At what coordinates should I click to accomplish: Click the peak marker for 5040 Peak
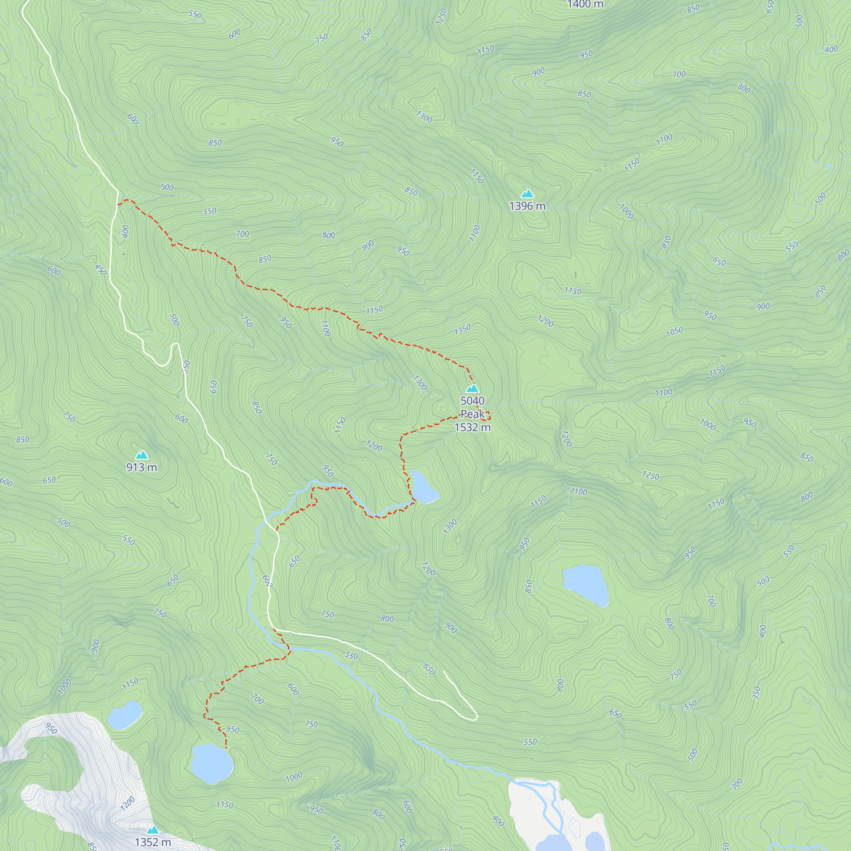(472, 388)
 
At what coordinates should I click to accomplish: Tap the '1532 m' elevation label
(472, 427)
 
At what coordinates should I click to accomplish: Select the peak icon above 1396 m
(527, 193)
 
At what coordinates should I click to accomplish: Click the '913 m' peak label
(141, 467)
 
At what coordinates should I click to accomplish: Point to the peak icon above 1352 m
(152, 830)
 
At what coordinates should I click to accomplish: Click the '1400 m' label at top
(585, 4)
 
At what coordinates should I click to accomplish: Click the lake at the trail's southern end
(212, 763)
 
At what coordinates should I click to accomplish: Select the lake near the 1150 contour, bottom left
(125, 714)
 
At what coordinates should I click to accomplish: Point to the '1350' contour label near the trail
(462, 329)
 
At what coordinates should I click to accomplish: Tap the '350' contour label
(757, 693)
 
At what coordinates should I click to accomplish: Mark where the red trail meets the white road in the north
(117, 204)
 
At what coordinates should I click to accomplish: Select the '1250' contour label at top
(441, 16)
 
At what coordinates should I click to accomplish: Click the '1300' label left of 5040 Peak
(420, 383)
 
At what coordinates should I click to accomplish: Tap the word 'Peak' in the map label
(472, 414)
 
